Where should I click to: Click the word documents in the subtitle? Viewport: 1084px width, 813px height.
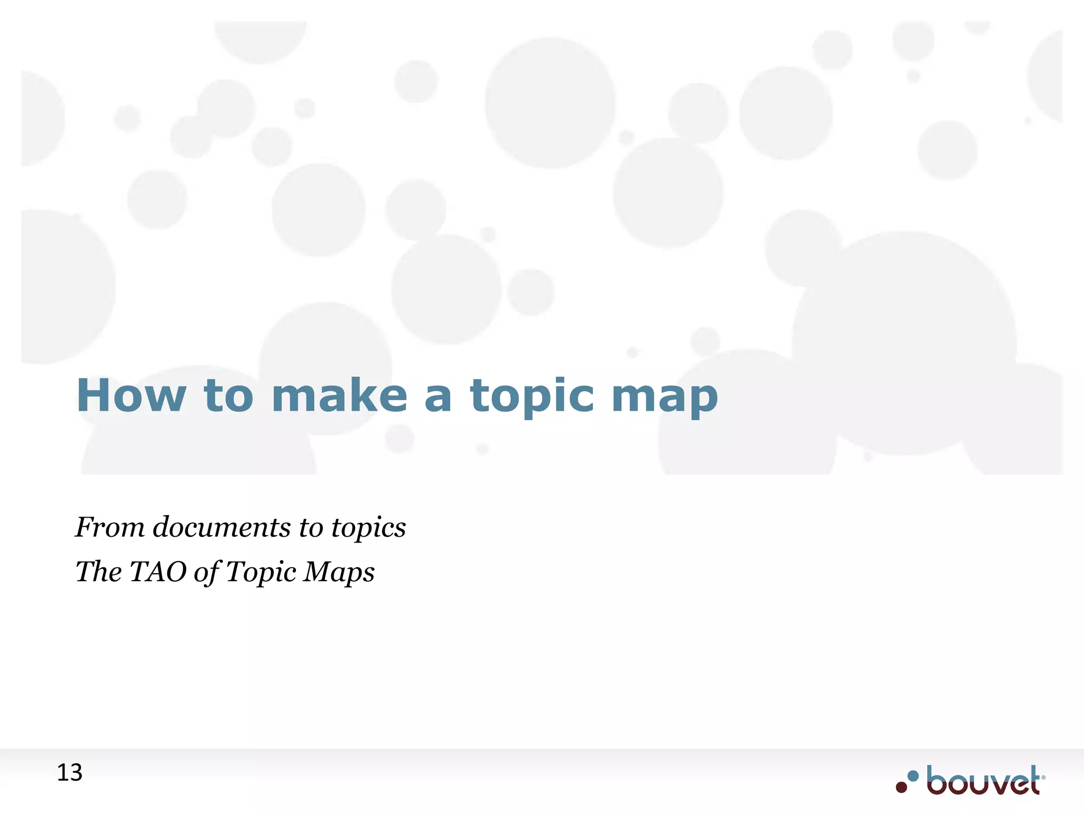pyautogui.click(x=222, y=527)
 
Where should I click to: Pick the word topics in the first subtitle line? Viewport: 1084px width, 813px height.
pyautogui.click(x=368, y=528)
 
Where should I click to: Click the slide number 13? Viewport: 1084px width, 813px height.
pyautogui.click(x=69, y=773)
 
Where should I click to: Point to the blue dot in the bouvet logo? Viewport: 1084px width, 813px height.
pyautogui.click(x=913, y=776)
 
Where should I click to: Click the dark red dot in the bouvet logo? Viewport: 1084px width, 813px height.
pyautogui.click(x=901, y=787)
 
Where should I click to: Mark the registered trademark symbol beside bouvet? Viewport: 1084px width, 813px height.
pyautogui.click(x=1043, y=778)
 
